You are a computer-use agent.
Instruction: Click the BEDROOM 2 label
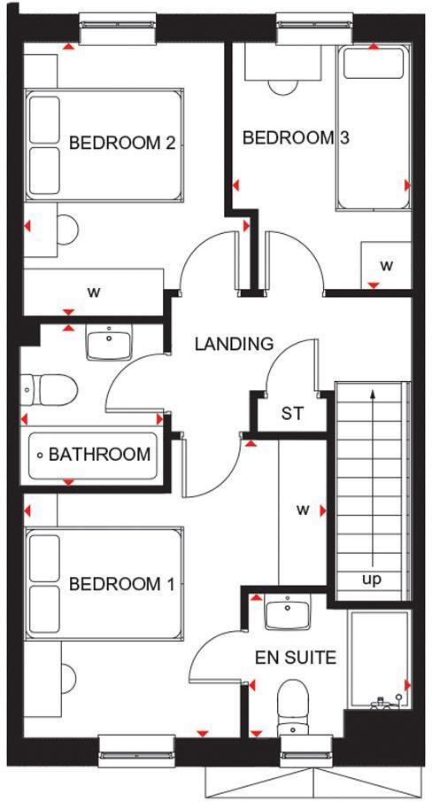(121, 142)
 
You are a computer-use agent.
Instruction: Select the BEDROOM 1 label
(121, 584)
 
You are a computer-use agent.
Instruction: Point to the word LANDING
(234, 344)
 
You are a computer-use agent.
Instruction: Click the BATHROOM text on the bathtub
(99, 455)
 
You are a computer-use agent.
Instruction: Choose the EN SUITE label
(283, 658)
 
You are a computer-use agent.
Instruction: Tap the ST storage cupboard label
(292, 413)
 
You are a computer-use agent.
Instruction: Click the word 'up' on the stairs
(373, 580)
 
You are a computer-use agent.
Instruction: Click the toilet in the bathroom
(49, 387)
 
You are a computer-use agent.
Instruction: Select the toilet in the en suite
(291, 705)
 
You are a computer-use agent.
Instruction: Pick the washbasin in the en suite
(289, 612)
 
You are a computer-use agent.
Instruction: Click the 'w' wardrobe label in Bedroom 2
(92, 291)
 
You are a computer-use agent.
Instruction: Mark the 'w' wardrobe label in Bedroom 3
(386, 265)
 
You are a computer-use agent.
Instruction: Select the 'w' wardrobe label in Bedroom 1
(303, 510)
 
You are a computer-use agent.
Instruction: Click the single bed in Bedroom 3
(373, 128)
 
